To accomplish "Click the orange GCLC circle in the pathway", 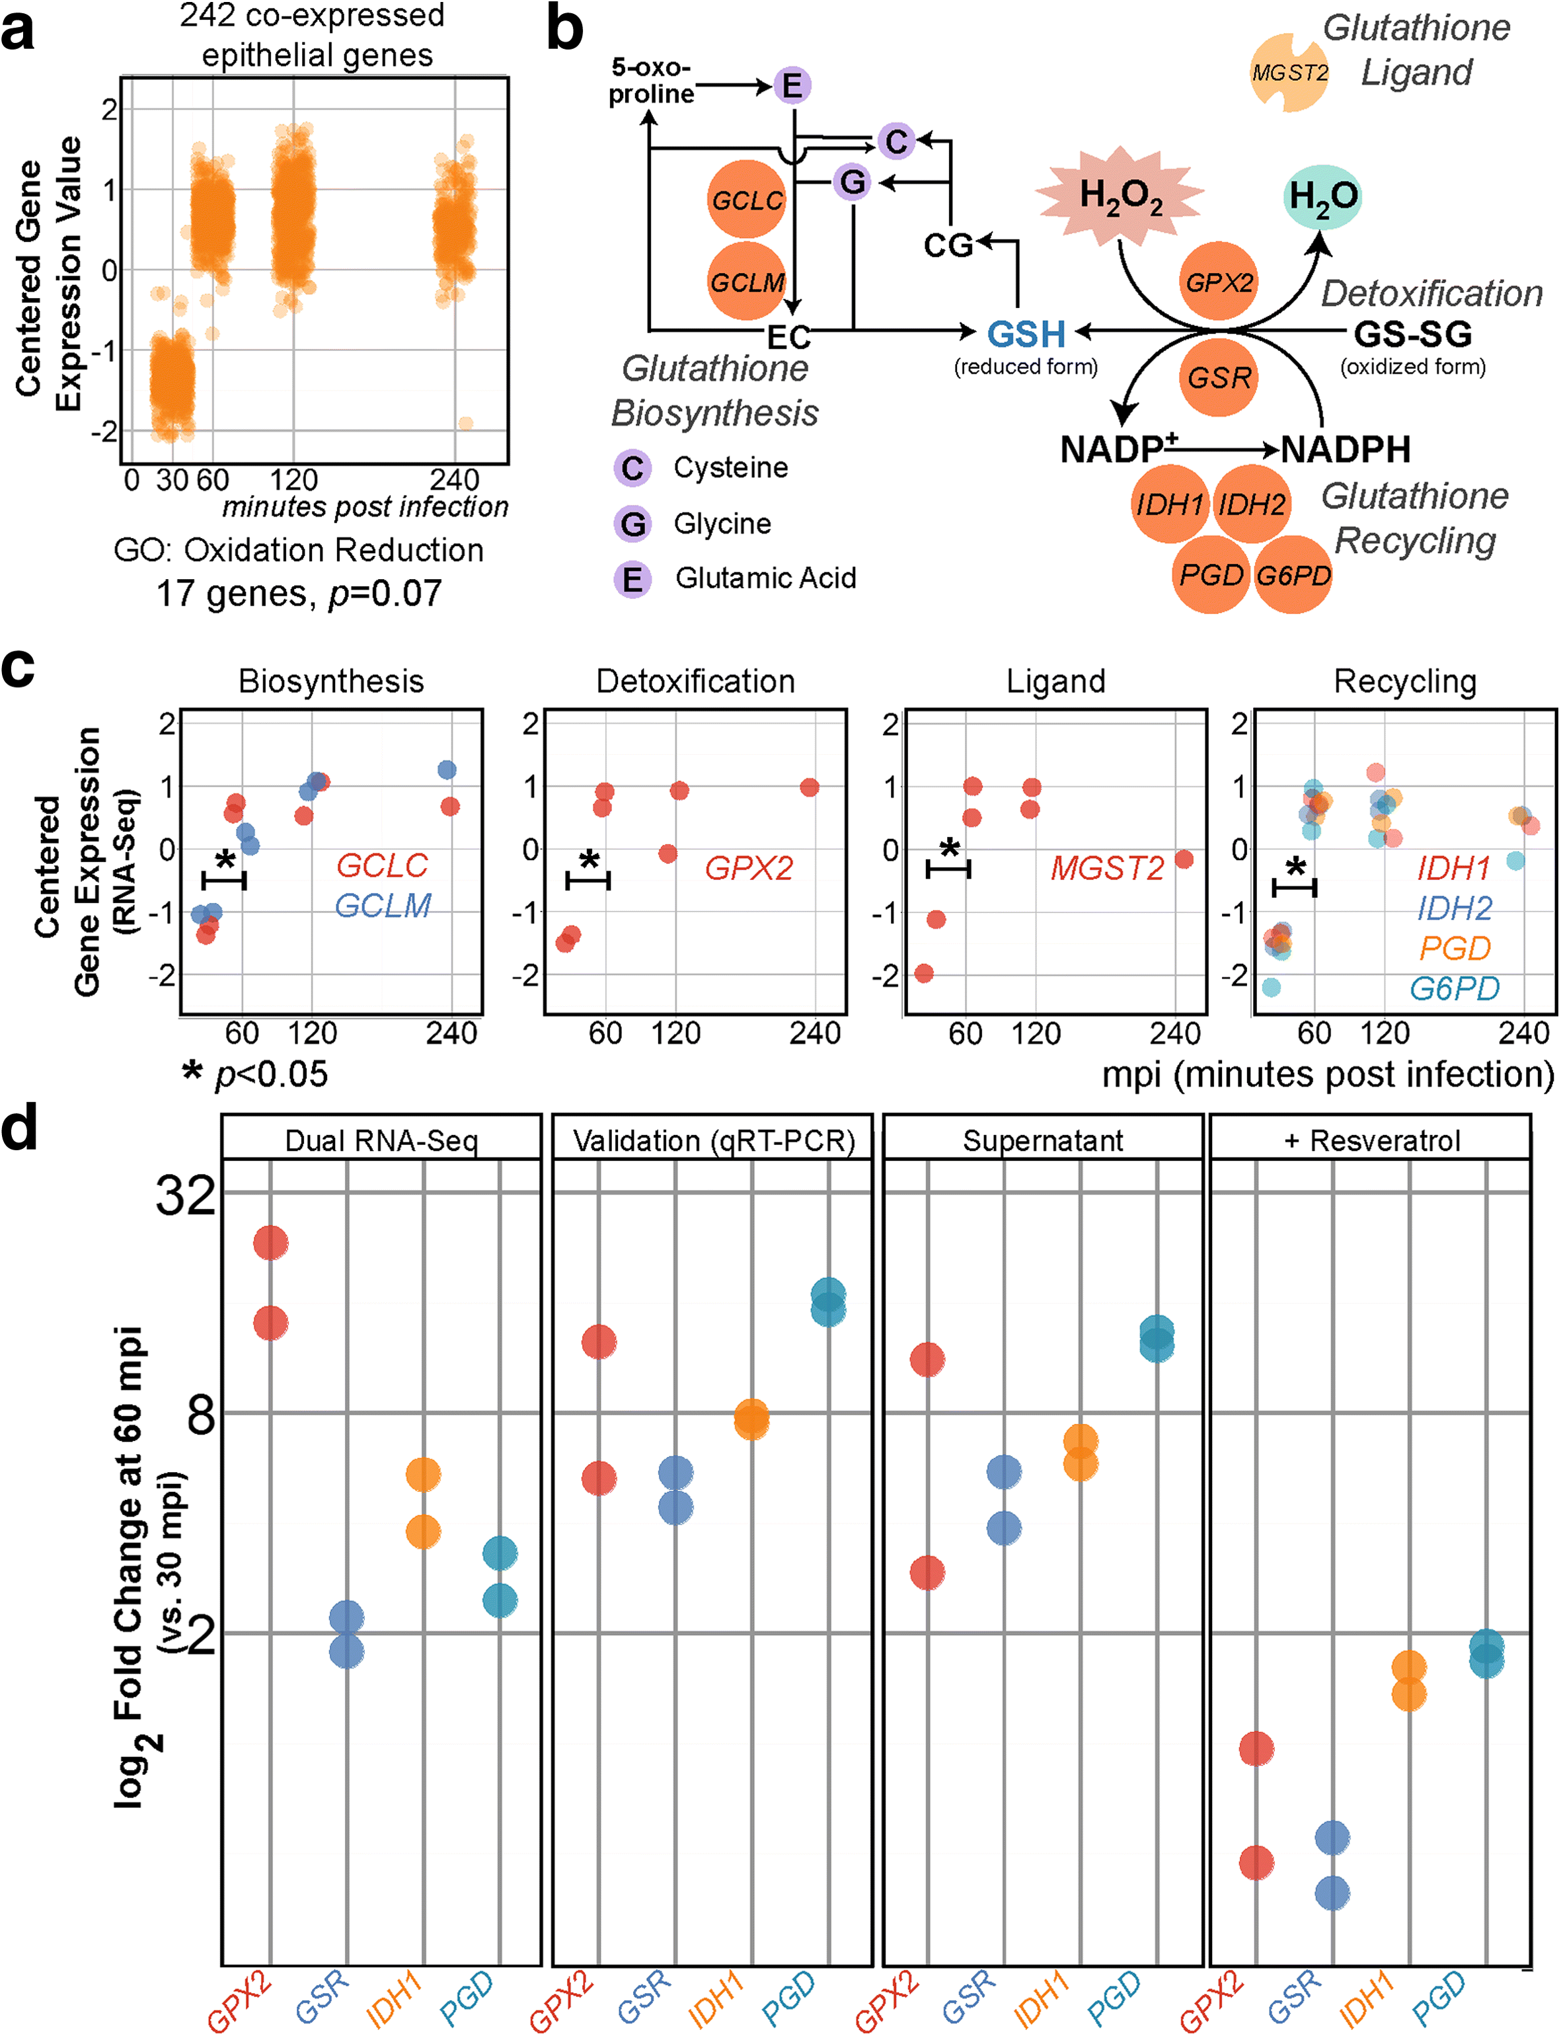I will (x=746, y=200).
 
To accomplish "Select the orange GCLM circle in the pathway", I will (x=746, y=281).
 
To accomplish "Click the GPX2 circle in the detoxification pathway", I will (x=1219, y=282).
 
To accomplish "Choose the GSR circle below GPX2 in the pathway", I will (x=1219, y=377).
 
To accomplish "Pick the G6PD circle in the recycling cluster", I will (x=1293, y=575).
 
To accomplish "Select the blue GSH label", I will (x=1026, y=334).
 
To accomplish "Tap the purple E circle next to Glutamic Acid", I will (x=632, y=579).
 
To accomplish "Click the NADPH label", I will (x=1346, y=450).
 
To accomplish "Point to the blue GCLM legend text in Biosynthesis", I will (x=383, y=905).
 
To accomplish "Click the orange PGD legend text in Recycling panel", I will (x=1455, y=948).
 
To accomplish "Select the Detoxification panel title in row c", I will (x=695, y=681).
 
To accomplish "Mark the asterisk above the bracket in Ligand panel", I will (x=948, y=848).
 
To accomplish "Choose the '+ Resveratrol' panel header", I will (x=1371, y=1140).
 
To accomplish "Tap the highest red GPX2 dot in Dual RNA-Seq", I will (x=270, y=1242).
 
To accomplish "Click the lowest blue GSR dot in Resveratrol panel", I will (x=1332, y=1893).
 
